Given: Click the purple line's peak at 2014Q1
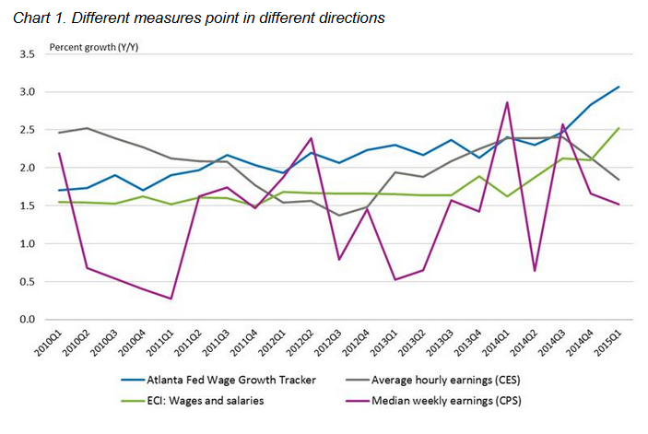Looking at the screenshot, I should [506, 102].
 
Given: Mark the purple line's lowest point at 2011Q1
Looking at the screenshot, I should [171, 299].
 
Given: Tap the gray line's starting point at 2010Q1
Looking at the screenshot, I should [59, 133].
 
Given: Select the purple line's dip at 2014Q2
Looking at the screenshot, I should [535, 271].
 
